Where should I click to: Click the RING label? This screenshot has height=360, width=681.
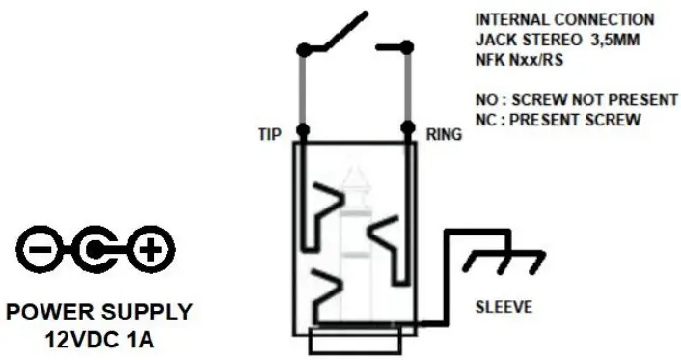tap(443, 135)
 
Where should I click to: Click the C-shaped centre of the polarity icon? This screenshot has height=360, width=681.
tap(94, 252)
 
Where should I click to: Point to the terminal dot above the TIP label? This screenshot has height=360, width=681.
tap(303, 129)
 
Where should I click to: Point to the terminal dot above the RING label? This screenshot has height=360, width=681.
tap(408, 129)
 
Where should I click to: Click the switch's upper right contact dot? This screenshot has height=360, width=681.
tap(408, 45)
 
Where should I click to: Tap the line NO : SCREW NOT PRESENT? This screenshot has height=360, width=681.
tap(564, 99)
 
